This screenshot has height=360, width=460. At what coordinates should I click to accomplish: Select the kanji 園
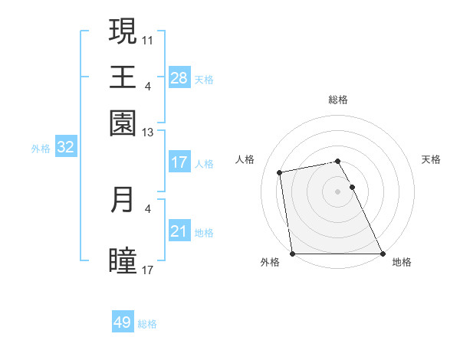pyautogui.click(x=123, y=123)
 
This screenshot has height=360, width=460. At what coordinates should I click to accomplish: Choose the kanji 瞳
pyautogui.click(x=123, y=260)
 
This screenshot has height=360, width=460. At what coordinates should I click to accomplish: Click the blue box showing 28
pyautogui.click(x=179, y=78)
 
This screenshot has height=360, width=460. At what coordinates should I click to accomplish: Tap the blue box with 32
pyautogui.click(x=65, y=148)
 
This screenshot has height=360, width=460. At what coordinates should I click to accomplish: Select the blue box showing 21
pyautogui.click(x=179, y=232)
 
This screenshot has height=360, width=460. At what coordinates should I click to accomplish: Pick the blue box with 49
pyautogui.click(x=123, y=322)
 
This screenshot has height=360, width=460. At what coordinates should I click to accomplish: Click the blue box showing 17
pyautogui.click(x=179, y=162)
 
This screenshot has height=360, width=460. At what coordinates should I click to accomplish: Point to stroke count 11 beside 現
pyautogui.click(x=148, y=39)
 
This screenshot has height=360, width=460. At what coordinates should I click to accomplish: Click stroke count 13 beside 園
pyautogui.click(x=148, y=133)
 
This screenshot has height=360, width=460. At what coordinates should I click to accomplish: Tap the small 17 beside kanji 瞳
pyautogui.click(x=148, y=270)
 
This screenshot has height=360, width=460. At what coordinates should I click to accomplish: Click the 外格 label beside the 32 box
pyautogui.click(x=40, y=149)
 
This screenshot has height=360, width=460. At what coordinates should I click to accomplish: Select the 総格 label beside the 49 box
pyautogui.click(x=147, y=324)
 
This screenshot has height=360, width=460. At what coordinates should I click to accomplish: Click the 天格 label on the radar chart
pyautogui.click(x=432, y=159)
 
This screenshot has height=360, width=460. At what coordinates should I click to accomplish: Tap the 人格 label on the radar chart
pyautogui.click(x=245, y=159)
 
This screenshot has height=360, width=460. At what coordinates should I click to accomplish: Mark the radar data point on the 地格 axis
pyautogui.click(x=383, y=254)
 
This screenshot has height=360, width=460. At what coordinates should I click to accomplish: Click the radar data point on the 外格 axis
pyautogui.click(x=293, y=254)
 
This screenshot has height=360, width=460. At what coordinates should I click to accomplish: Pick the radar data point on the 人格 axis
pyautogui.click(x=280, y=172)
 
